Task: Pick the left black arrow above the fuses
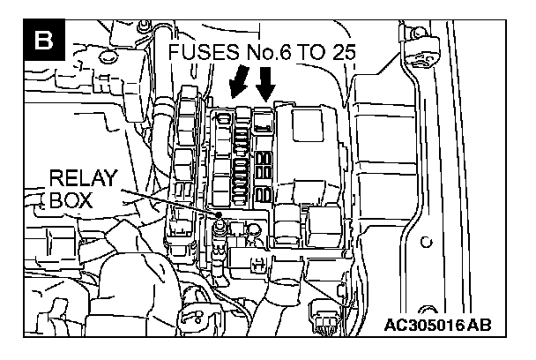[x=238, y=85]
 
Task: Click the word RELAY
[x=82, y=179]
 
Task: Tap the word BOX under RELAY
[x=71, y=201]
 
